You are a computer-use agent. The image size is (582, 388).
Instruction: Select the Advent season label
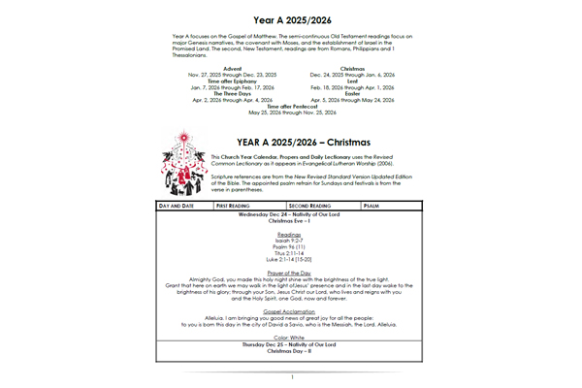coord(232,68)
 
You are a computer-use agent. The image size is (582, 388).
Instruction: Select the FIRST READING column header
coord(237,206)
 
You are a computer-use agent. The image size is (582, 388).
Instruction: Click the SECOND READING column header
coord(310,206)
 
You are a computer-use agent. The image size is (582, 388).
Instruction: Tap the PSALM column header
coord(373,206)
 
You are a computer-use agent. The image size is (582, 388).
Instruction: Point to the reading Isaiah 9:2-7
coord(291,241)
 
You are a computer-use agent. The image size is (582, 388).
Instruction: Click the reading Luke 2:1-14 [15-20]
coord(291,259)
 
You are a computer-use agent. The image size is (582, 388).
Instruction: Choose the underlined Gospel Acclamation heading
coord(291,312)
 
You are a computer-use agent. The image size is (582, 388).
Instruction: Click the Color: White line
coord(291,337)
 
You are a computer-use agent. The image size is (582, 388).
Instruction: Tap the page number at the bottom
coord(291,377)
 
